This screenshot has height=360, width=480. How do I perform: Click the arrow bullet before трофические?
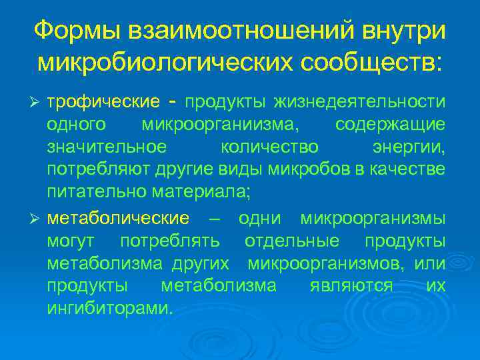(37, 102)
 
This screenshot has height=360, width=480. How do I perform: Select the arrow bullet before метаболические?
(37, 219)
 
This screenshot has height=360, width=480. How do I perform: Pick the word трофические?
(103, 101)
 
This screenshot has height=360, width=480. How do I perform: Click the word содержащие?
(390, 125)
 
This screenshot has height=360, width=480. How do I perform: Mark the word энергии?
(408, 148)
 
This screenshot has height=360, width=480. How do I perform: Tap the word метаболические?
(118, 218)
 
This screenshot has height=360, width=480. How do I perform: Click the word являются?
(351, 287)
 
